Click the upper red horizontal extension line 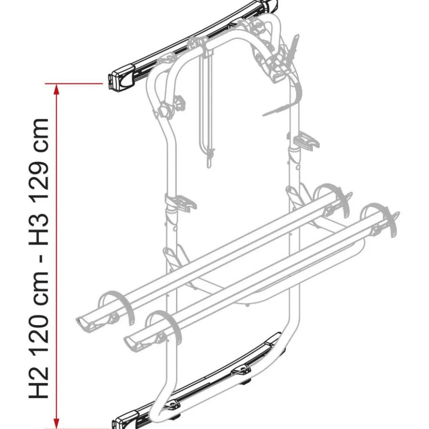[75, 84]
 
